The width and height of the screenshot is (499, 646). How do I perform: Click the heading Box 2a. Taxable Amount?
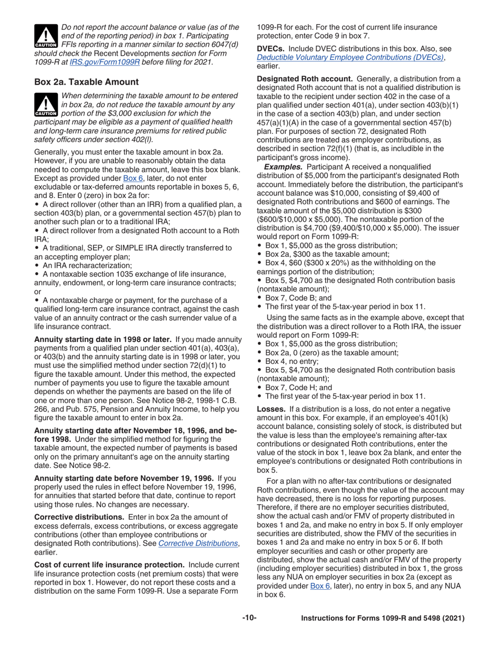click(86, 82)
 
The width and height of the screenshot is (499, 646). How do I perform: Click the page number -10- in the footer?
click(249, 619)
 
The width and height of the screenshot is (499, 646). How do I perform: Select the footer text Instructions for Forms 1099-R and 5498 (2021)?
click(382, 619)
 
